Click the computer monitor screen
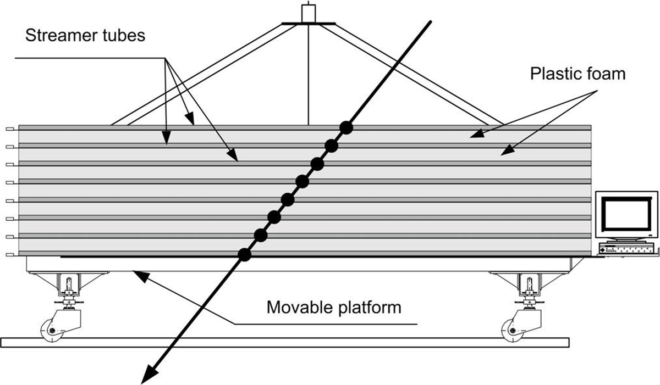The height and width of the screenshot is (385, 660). pyautogui.click(x=626, y=214)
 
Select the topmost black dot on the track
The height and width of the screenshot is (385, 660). pyautogui.click(x=346, y=127)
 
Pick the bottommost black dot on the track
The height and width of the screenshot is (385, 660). pyautogui.click(x=245, y=254)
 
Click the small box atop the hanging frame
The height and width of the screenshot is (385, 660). pyautogui.click(x=309, y=13)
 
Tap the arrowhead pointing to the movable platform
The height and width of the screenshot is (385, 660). pyautogui.click(x=140, y=276)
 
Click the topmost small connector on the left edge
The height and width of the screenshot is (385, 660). pyautogui.click(x=10, y=129)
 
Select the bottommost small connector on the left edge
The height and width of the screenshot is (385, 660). pyautogui.click(x=10, y=255)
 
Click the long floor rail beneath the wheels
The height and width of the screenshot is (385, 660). pyautogui.click(x=285, y=343)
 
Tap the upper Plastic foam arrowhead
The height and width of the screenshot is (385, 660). pyautogui.click(x=477, y=133)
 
